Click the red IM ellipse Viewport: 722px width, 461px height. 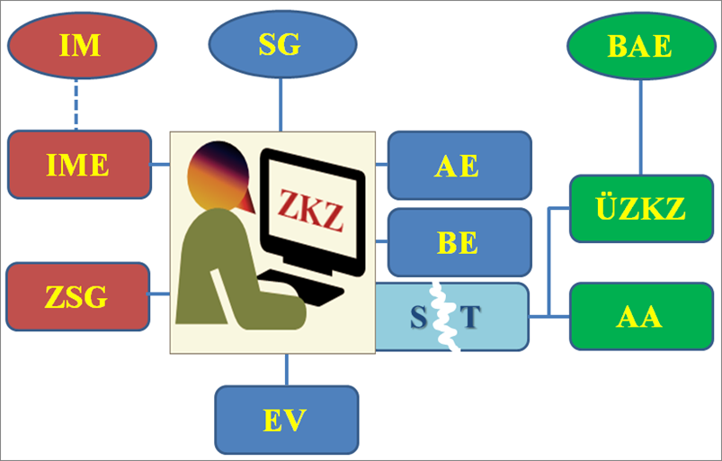[81, 46]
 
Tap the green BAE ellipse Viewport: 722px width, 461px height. [640, 46]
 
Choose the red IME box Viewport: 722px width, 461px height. [79, 165]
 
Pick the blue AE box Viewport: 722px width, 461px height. [459, 166]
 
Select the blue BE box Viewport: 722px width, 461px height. [459, 243]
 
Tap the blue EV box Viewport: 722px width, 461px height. [286, 420]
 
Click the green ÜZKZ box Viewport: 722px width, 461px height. [641, 210]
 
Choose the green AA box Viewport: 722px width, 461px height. [641, 316]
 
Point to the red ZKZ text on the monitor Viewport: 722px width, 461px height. [310, 208]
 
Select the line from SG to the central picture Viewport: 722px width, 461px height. [281, 104]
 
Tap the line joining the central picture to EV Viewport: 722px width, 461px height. [286, 370]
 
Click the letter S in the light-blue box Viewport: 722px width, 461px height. [417, 317]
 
